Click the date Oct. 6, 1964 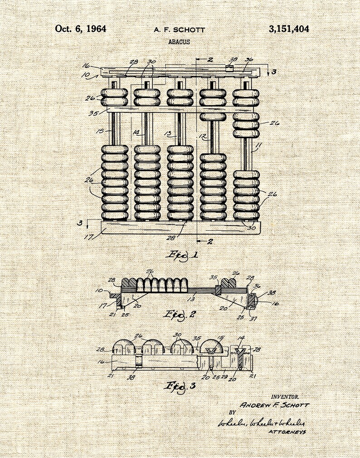click(81, 29)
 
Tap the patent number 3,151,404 click(289, 29)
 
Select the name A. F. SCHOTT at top click(179, 30)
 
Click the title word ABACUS click(179, 42)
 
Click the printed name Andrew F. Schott click(275, 405)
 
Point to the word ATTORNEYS click(287, 432)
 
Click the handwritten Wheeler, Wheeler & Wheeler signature click(261, 423)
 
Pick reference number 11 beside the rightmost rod click(258, 146)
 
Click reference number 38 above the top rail click(233, 59)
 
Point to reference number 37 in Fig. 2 click(253, 319)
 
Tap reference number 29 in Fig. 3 click(224, 376)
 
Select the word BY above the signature click(232, 413)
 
